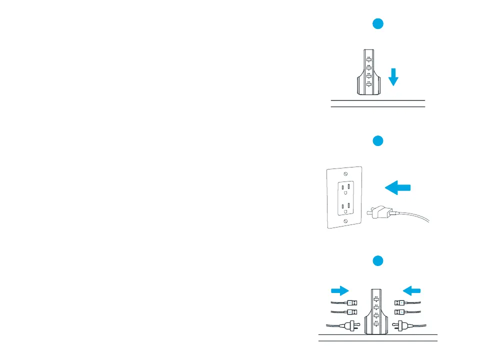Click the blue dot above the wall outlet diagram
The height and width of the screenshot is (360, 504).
[378, 141]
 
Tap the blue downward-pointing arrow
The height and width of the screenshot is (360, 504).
[393, 77]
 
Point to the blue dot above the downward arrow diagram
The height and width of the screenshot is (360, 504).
[378, 23]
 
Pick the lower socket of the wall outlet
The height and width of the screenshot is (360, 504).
[345, 206]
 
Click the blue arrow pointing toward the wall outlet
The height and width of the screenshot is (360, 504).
[397, 188]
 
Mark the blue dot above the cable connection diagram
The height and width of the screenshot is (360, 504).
[378, 260]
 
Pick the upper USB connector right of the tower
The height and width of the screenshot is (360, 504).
[400, 302]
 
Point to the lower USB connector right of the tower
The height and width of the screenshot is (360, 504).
[400, 312]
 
